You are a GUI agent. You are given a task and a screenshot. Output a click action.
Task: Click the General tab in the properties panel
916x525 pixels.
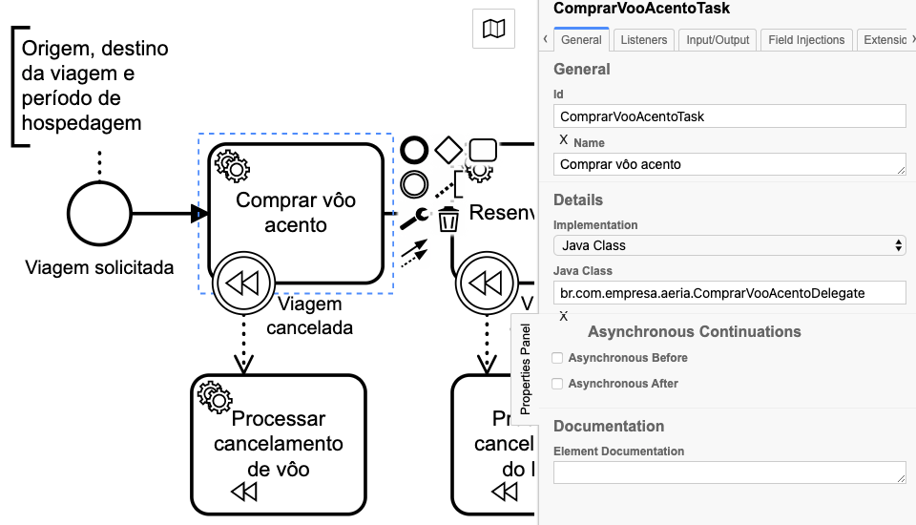click(581, 40)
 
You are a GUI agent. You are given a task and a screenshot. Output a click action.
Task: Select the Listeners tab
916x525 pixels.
click(644, 40)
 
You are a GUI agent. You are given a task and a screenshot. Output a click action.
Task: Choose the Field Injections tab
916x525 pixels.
click(806, 40)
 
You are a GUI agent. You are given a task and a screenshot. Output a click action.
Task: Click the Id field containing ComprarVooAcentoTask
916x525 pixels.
click(729, 116)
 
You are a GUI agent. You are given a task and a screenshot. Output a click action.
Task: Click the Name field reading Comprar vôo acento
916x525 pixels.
click(729, 164)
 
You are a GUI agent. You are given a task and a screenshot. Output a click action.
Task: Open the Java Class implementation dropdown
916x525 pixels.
click(729, 245)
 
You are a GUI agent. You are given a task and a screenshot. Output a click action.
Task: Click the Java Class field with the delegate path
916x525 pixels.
click(729, 292)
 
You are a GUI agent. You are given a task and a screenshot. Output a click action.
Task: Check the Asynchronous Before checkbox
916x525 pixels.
click(558, 358)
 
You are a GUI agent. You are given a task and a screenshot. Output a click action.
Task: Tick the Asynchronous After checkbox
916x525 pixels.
click(558, 384)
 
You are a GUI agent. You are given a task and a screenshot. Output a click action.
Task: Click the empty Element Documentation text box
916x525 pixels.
click(729, 472)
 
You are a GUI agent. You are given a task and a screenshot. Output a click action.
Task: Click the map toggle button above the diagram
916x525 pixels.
click(493, 30)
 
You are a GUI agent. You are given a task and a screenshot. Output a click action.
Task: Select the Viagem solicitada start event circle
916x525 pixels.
click(99, 212)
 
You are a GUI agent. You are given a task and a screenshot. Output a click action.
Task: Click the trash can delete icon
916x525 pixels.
click(448, 220)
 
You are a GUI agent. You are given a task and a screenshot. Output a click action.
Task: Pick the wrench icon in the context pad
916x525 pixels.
click(414, 219)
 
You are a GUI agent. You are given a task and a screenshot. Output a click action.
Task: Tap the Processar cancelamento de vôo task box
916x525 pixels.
click(279, 444)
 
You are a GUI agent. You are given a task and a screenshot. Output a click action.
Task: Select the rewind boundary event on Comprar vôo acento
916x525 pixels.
click(243, 283)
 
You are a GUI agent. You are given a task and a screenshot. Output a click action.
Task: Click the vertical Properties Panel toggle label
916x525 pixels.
click(525, 367)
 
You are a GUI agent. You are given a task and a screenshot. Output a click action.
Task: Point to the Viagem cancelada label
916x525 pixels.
click(309, 316)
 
